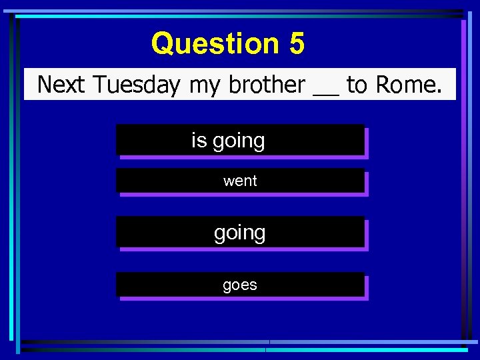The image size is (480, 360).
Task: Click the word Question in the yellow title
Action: click(x=215, y=44)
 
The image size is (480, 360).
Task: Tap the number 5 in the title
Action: click(x=297, y=44)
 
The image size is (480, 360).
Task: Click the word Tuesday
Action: click(x=137, y=85)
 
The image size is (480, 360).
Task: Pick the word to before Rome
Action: click(x=357, y=85)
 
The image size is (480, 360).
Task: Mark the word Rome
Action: click(x=408, y=85)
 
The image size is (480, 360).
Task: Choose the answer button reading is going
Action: click(x=240, y=140)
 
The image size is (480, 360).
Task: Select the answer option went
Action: click(x=240, y=181)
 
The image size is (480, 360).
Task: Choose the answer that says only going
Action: click(x=240, y=233)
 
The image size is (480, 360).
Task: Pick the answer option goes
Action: click(x=240, y=285)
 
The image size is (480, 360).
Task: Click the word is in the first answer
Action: click(x=199, y=140)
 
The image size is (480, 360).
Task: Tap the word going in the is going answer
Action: click(x=239, y=141)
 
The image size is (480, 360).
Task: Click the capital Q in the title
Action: click(x=163, y=44)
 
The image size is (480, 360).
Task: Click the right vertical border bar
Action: click(x=465, y=180)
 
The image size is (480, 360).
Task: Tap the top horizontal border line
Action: click(x=240, y=12)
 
